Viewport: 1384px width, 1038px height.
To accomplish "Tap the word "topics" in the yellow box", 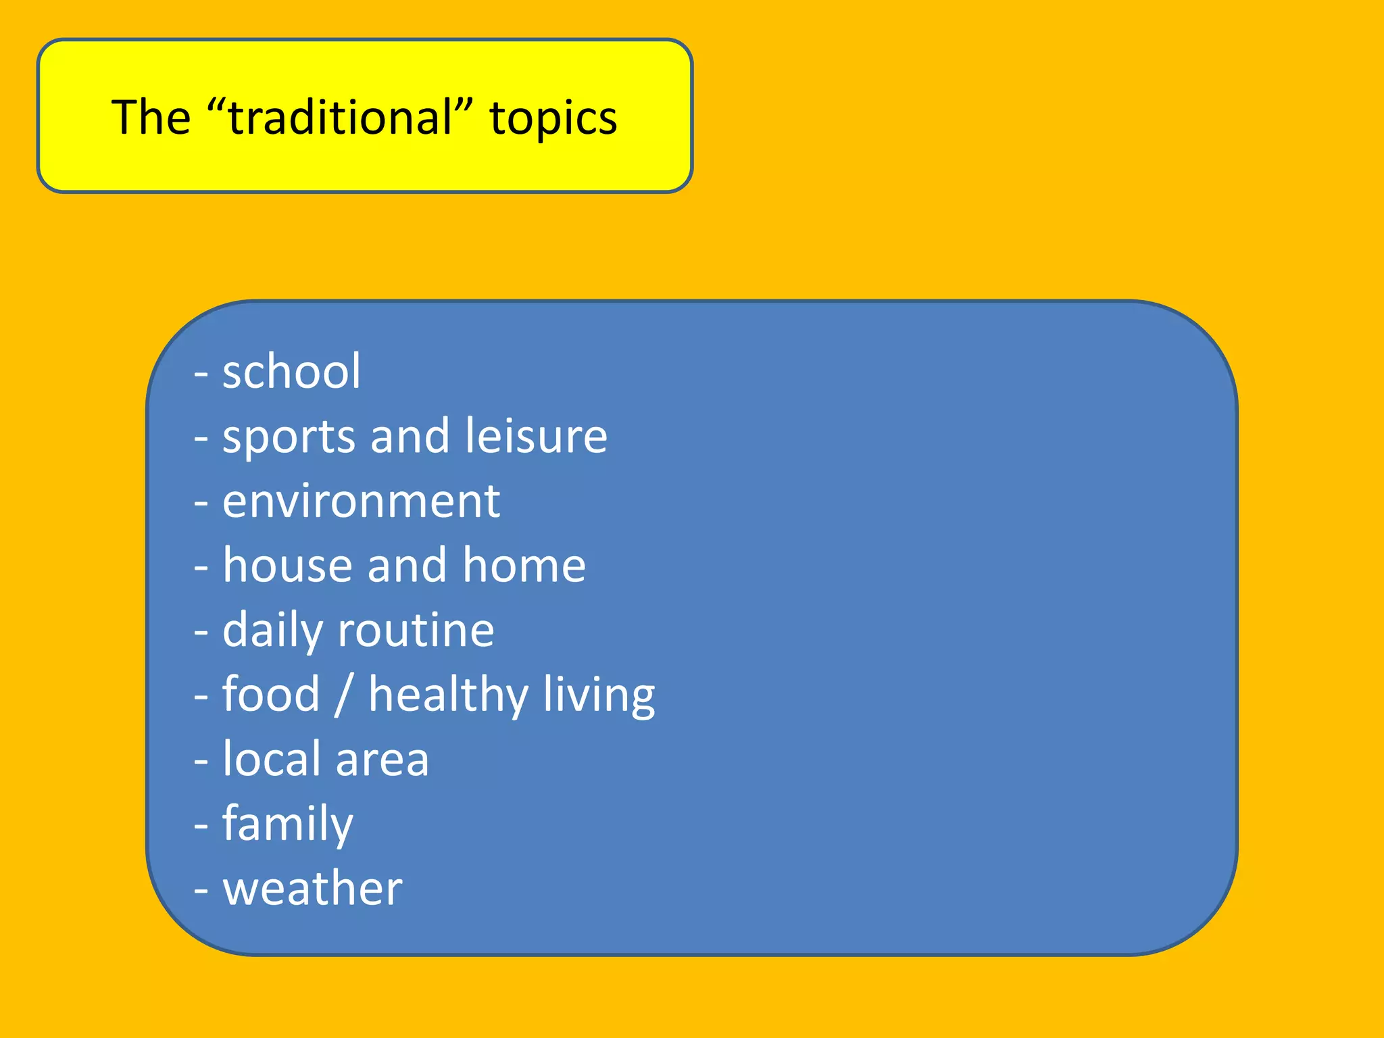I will tap(553, 118).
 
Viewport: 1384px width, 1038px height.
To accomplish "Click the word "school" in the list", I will tap(291, 372).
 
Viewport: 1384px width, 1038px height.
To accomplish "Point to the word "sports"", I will tap(289, 437).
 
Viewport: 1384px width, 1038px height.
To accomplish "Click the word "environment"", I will tap(361, 501).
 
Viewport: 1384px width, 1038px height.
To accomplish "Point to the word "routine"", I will tap(416, 630).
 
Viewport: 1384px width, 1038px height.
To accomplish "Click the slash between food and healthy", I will tap(343, 695).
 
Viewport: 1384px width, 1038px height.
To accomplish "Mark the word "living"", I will tap(599, 696).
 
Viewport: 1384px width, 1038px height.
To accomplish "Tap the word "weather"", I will tap(312, 889).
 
